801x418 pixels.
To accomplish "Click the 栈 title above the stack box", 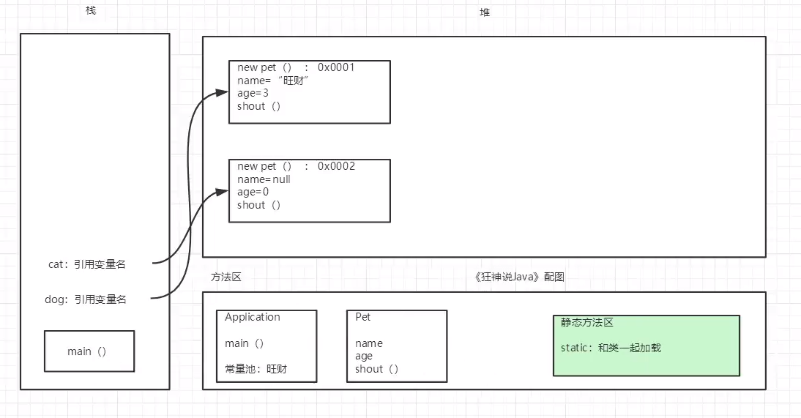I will (91, 12).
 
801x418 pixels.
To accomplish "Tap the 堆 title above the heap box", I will (485, 12).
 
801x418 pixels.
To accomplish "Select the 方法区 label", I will (226, 277).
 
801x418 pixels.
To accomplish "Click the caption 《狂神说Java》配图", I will (519, 277).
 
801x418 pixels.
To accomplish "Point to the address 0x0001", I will (336, 67).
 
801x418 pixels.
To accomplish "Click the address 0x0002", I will (336, 166).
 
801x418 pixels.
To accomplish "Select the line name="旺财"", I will (273, 81).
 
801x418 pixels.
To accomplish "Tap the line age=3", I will (252, 94).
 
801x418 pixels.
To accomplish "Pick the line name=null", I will (264, 179).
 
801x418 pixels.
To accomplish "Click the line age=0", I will (253, 192).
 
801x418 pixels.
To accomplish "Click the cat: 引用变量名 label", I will (87, 264).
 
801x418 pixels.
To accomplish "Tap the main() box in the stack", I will (89, 351).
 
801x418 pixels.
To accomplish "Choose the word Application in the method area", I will (252, 317).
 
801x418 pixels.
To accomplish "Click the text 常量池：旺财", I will (256, 369).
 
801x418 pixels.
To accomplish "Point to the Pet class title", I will (362, 317).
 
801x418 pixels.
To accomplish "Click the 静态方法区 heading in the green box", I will (586, 322).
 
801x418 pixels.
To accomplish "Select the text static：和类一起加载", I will (611, 348).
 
